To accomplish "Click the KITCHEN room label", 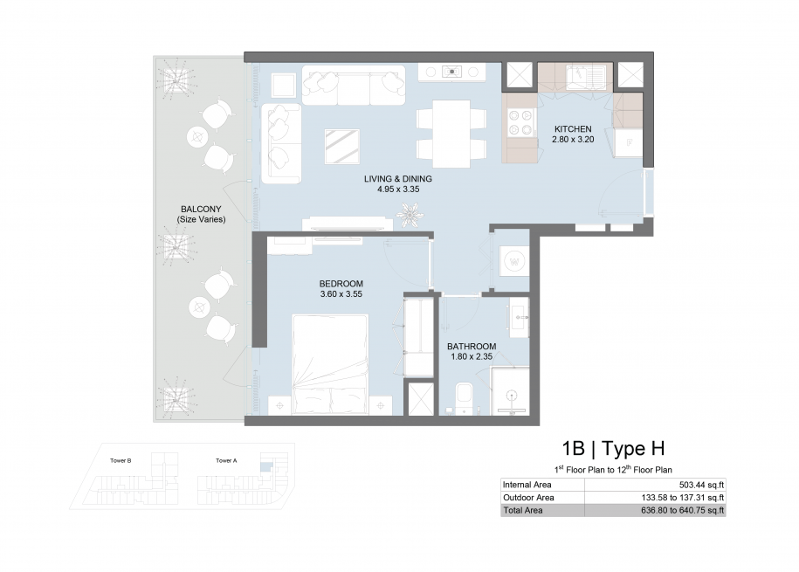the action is [x=573, y=129].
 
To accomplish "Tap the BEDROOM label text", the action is [x=341, y=284].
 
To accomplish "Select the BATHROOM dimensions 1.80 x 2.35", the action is [x=472, y=357].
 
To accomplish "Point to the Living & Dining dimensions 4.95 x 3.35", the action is [x=398, y=190].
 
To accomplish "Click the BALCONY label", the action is [x=202, y=209].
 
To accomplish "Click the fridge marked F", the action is [x=629, y=143].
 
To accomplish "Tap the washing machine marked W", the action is [x=514, y=262].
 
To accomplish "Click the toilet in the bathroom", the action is [x=465, y=399].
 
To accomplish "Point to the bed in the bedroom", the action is [x=330, y=364].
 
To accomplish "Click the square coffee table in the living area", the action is [x=342, y=147].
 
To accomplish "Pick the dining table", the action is [x=451, y=134].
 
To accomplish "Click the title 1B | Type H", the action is [x=613, y=449].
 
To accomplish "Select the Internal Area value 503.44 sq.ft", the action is [x=701, y=485].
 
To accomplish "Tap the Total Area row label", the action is [x=523, y=510].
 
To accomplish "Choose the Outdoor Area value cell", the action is [x=655, y=498].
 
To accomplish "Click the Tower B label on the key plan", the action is [x=121, y=460].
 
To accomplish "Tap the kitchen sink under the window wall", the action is [x=588, y=75].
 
